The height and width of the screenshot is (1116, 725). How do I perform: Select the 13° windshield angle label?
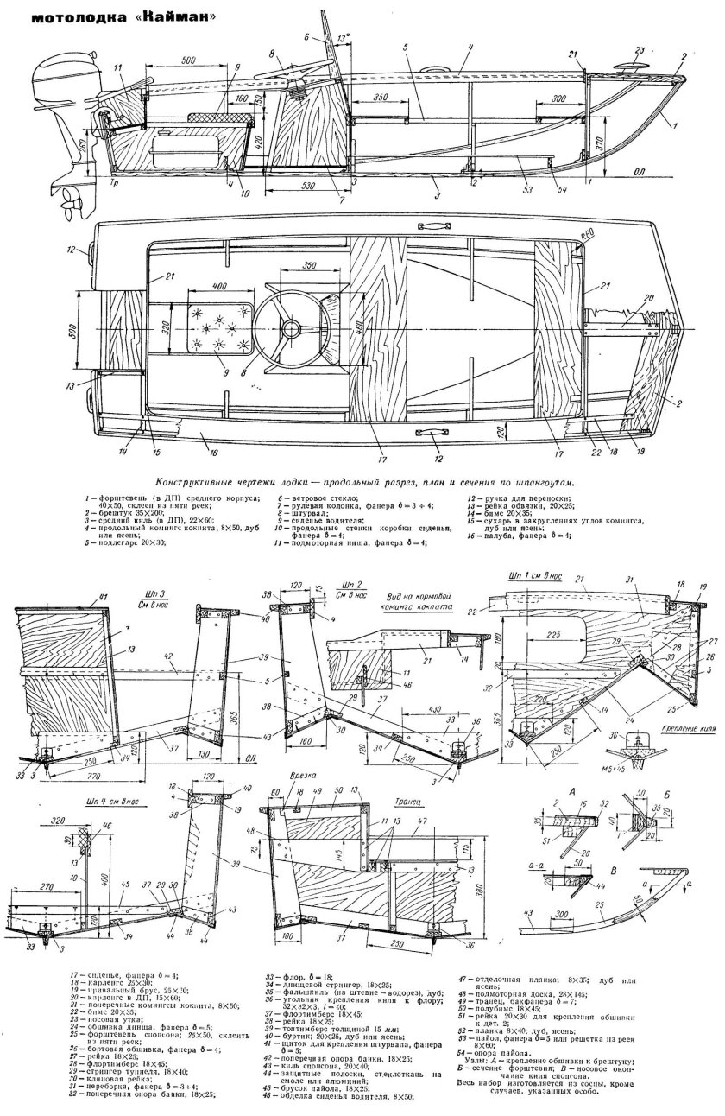click(344, 38)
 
